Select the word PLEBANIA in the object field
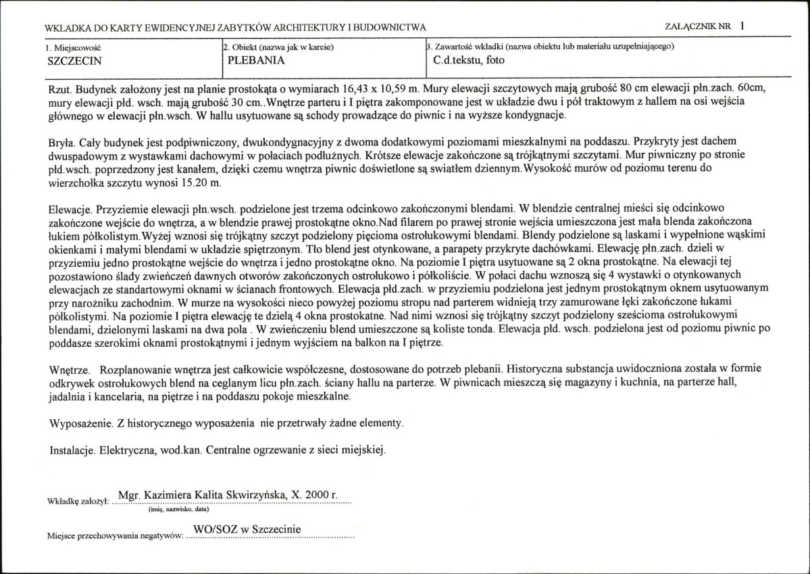coord(256,59)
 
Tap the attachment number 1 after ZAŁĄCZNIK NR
coord(743,26)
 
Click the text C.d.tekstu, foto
coord(469,59)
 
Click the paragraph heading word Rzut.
coord(61,89)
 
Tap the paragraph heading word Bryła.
coord(63,143)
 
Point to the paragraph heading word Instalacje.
coord(72,450)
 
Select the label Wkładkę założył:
coord(79,502)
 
